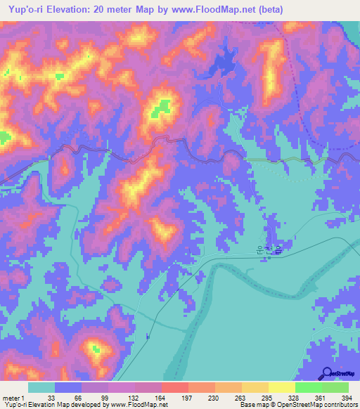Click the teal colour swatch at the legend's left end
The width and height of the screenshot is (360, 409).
point(41,387)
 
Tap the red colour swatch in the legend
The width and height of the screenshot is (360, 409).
point(174,387)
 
